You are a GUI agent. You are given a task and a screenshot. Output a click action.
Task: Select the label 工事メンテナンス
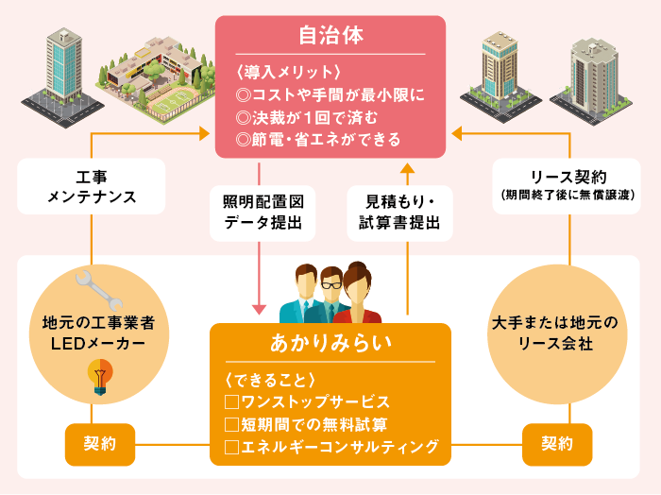click(92, 186)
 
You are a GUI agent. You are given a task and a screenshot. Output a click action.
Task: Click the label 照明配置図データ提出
click(257, 213)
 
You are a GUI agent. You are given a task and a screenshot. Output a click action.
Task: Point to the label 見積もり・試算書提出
click(407, 213)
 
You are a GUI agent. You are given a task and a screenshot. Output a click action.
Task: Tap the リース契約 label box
click(568, 184)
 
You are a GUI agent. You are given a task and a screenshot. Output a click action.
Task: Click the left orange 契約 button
click(99, 444)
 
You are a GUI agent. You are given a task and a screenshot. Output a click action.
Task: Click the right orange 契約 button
click(557, 444)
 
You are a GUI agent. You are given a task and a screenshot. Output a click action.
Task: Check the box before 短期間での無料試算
click(231, 424)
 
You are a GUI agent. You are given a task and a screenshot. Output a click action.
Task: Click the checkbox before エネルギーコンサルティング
click(231, 446)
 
